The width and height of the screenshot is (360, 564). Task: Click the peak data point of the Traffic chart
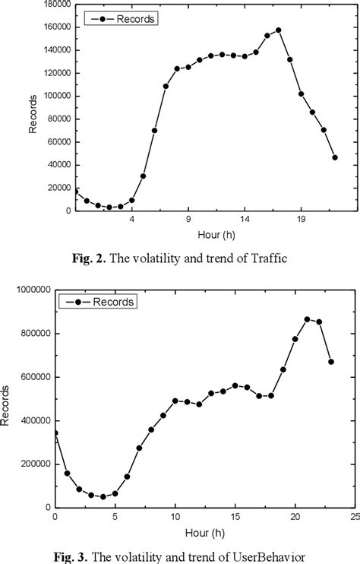(279, 30)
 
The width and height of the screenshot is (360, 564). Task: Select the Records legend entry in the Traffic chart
(121, 19)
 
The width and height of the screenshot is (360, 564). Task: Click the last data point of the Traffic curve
(335, 157)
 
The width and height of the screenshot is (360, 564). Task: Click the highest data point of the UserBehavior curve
(307, 319)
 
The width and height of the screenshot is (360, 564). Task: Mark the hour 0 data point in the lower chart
(55, 433)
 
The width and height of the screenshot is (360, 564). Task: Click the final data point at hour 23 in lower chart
(330, 362)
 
